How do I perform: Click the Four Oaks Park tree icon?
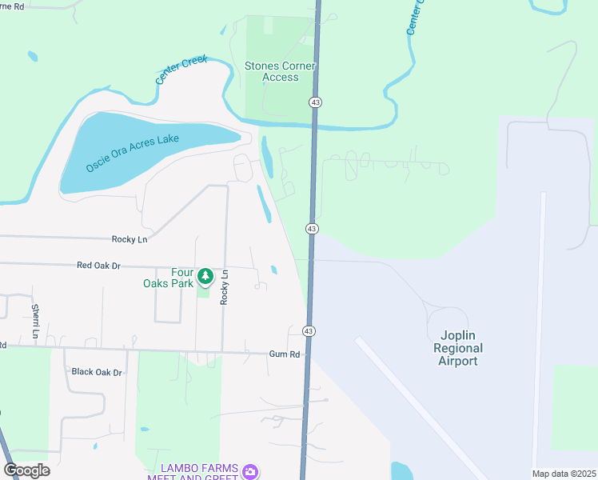(205, 276)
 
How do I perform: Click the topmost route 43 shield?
(316, 102)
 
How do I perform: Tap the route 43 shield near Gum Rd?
(309, 330)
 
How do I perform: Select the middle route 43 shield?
(312, 229)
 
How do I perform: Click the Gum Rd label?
(284, 354)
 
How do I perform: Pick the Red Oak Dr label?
(98, 265)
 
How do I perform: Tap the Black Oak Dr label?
(97, 372)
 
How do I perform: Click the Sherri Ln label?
(35, 321)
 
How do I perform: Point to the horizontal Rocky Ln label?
(130, 239)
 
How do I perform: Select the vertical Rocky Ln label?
(225, 286)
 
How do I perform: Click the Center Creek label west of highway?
(181, 70)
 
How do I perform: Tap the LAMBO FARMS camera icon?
(251, 471)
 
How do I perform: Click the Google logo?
(26, 470)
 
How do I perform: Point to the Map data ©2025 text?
(564, 474)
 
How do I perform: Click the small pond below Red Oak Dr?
(274, 270)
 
